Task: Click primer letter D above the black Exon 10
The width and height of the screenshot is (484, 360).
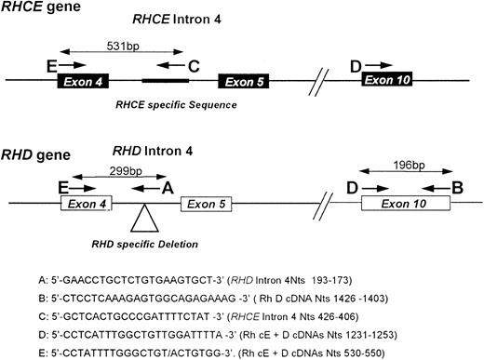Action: [x=356, y=64]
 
